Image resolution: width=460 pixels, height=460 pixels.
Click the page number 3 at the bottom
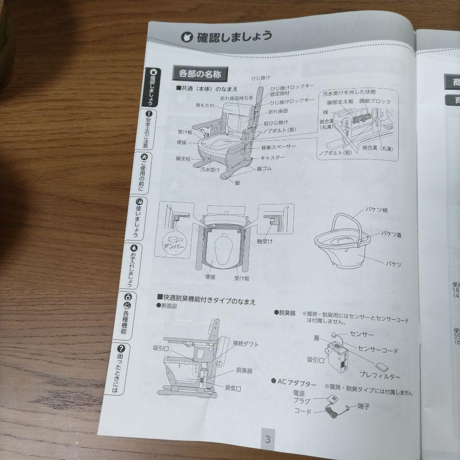(x=268, y=440)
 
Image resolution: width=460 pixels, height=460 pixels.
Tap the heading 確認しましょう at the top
(x=234, y=37)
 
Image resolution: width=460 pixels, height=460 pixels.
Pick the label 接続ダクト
(x=245, y=344)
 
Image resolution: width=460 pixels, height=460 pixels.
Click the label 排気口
(x=233, y=388)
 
